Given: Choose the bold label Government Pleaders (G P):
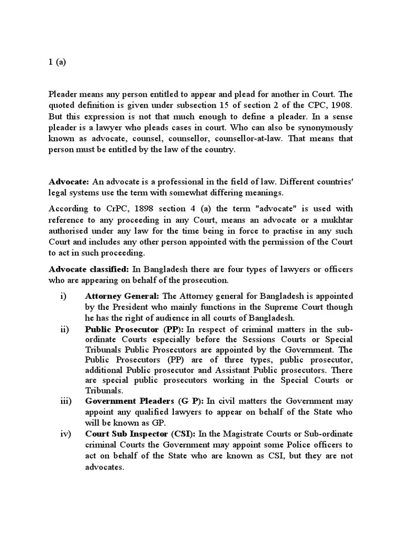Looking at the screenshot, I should (x=145, y=401).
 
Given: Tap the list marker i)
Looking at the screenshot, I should (x=63, y=296).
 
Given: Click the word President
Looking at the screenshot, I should (x=142, y=307).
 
